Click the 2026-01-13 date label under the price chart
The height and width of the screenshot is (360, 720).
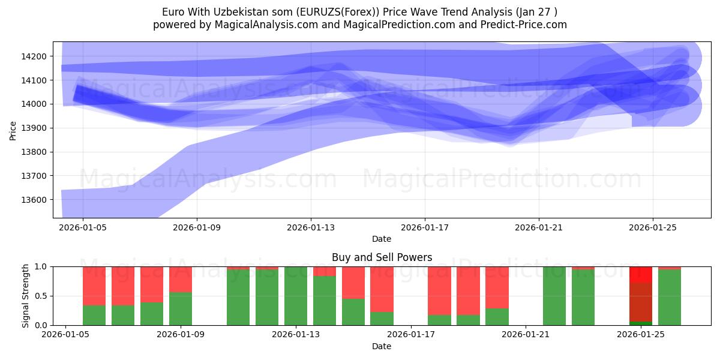coord(310,227)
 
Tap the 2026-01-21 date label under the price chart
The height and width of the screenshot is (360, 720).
coord(538,227)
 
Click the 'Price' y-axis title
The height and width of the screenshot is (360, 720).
coord(13,130)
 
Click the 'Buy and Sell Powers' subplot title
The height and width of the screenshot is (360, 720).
coord(382,257)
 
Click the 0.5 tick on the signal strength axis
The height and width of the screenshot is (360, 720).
coord(41,296)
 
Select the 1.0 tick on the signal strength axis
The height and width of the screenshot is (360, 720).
coord(41,266)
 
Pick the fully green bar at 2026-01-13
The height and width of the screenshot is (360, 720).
coord(296,296)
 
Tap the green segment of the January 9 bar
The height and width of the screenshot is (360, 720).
coord(181,308)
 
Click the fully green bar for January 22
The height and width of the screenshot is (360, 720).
coord(554,296)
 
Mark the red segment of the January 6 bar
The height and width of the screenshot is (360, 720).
coord(94,286)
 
